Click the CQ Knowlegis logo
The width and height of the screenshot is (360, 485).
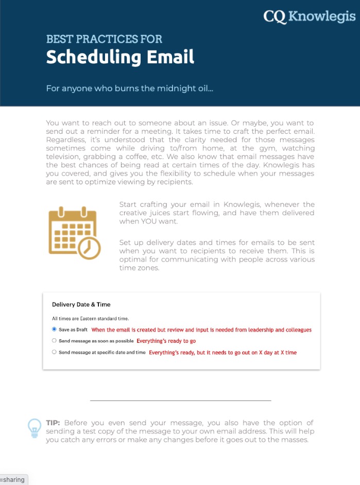tap(309, 16)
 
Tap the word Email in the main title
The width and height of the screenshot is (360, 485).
tap(167, 57)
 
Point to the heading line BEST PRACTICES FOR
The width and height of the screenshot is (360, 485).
tap(104, 39)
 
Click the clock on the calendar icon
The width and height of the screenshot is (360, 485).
tap(90, 248)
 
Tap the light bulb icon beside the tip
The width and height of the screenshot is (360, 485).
tap(34, 428)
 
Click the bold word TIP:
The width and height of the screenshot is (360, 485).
tap(53, 423)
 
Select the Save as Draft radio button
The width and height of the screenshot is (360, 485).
tap(54, 330)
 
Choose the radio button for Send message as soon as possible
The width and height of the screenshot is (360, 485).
tap(54, 341)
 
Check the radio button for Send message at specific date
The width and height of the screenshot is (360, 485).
tap(54, 352)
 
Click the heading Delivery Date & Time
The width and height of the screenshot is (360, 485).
tap(81, 304)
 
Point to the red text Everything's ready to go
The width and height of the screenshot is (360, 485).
tap(166, 341)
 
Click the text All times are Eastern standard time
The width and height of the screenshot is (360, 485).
tap(90, 319)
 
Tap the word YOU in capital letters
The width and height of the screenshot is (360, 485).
tap(149, 221)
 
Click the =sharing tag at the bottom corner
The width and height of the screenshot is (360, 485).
tap(13, 480)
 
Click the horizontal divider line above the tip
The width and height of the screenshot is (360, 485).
tap(180, 400)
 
